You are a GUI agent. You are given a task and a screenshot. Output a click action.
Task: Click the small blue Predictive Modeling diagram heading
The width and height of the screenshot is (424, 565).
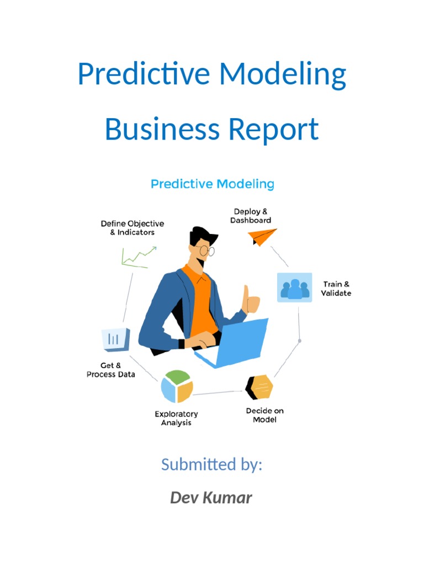[x=213, y=184]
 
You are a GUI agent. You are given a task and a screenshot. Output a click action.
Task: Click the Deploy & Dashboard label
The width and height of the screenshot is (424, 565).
[x=251, y=216]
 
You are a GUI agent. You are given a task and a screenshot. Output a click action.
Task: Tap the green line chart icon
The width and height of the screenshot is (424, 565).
[x=139, y=257]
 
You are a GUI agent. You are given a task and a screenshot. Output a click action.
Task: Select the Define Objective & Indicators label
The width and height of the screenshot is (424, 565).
[x=132, y=228]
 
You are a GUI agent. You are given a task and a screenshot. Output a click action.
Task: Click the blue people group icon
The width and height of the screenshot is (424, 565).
[x=294, y=287]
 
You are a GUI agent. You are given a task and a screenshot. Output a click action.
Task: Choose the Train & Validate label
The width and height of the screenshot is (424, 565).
[x=337, y=289]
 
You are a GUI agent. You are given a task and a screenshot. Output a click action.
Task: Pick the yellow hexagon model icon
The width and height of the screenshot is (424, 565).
[x=259, y=387]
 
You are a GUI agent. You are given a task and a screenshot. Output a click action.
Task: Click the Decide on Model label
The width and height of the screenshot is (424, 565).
[x=264, y=415]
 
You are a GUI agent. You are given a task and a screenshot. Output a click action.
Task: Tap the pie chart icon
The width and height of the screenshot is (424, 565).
[x=177, y=386]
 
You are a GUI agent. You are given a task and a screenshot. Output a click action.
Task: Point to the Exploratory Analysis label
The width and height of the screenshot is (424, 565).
[x=176, y=418]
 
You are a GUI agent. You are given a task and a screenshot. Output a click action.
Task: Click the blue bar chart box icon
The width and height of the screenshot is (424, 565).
[x=115, y=339]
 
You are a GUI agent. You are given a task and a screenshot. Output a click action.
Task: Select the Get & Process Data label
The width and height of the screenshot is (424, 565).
[x=111, y=370]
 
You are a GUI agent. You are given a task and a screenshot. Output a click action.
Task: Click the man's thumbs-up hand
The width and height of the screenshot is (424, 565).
[x=252, y=300]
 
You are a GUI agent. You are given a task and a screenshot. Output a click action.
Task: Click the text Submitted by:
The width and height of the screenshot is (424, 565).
[x=211, y=465]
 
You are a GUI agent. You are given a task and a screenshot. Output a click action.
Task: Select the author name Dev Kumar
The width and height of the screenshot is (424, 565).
[x=211, y=498]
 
